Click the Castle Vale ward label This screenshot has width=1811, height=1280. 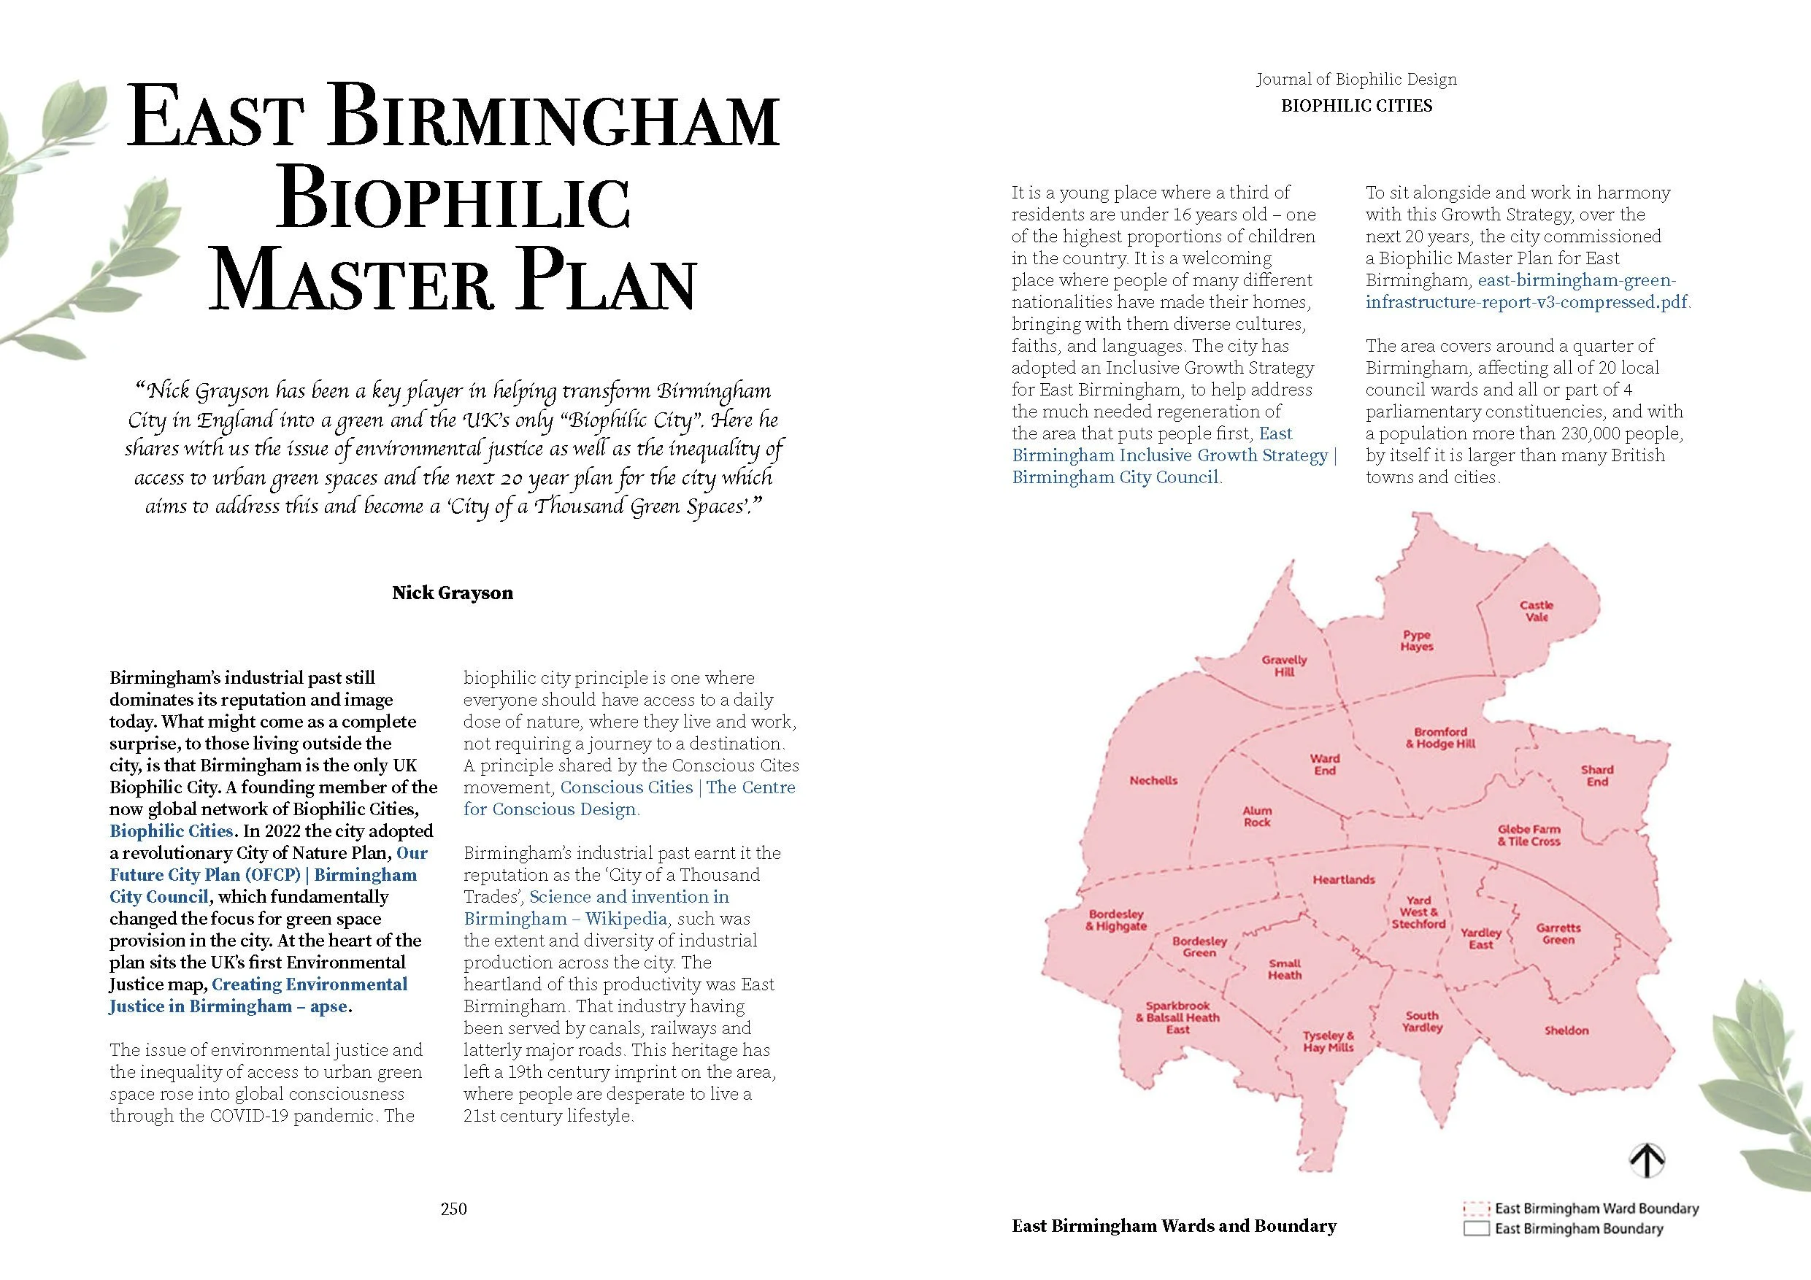(1537, 612)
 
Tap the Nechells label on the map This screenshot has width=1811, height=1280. (1153, 781)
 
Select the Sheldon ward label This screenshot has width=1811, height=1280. (1566, 1030)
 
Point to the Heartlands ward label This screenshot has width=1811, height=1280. (1343, 879)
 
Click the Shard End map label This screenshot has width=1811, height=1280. (1596, 775)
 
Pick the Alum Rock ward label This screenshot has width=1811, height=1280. (1256, 817)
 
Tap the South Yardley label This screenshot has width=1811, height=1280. (1422, 1022)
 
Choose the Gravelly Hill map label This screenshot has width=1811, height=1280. (1284, 666)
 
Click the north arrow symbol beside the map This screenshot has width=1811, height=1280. (1647, 1160)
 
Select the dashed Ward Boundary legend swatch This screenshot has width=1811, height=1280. (1476, 1209)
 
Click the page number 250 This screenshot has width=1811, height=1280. (453, 1209)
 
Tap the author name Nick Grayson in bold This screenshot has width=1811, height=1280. (453, 593)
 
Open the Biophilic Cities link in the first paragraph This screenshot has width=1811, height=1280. (171, 831)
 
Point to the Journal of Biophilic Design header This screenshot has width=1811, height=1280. (1356, 80)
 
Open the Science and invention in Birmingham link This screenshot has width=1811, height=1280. (629, 897)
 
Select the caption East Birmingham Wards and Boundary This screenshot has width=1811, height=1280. (1174, 1225)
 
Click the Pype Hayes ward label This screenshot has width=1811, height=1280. (1417, 641)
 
